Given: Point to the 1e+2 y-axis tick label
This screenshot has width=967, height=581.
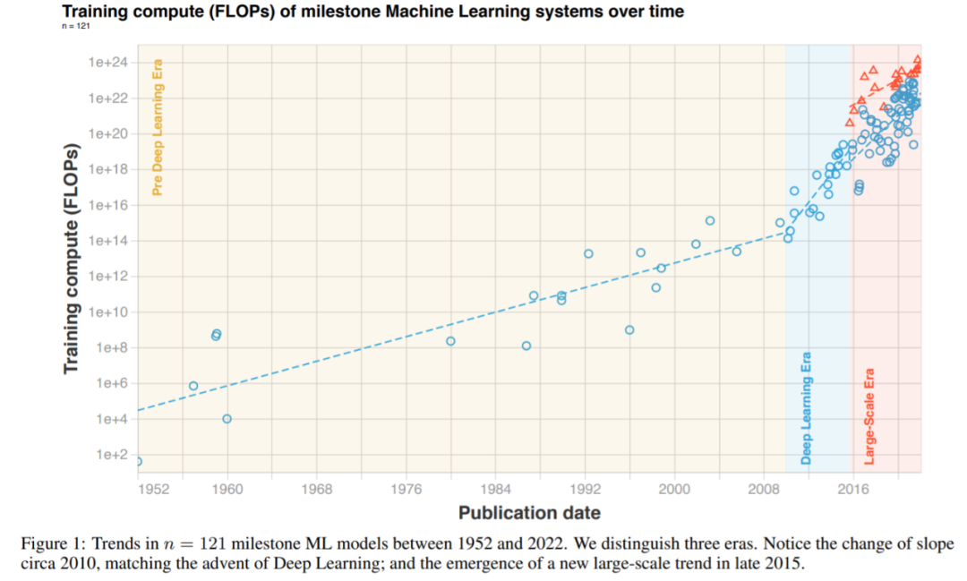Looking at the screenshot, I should coord(113,455).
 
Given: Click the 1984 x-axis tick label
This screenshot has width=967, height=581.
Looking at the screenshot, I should coord(495,488).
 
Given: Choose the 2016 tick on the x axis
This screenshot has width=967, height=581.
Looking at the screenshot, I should coord(852,488).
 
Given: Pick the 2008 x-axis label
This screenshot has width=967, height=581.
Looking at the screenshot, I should coord(763,488).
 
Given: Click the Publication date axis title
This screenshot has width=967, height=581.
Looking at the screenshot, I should coord(529,513).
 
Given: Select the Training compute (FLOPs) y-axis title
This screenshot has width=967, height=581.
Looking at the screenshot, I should coord(72,258).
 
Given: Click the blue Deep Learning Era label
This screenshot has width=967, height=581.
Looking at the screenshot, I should coord(806,408).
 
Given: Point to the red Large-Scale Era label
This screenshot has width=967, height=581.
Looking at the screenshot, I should coord(869,416).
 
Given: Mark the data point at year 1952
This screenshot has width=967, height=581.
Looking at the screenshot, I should coord(138,461).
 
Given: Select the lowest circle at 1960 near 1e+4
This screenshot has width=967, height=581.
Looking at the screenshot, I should coord(227,418).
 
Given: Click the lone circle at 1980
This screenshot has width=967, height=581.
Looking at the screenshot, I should coord(450,341).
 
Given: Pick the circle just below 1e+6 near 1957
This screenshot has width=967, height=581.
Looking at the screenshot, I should coord(193,386).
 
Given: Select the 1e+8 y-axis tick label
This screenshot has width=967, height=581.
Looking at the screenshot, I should coord(113,347).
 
